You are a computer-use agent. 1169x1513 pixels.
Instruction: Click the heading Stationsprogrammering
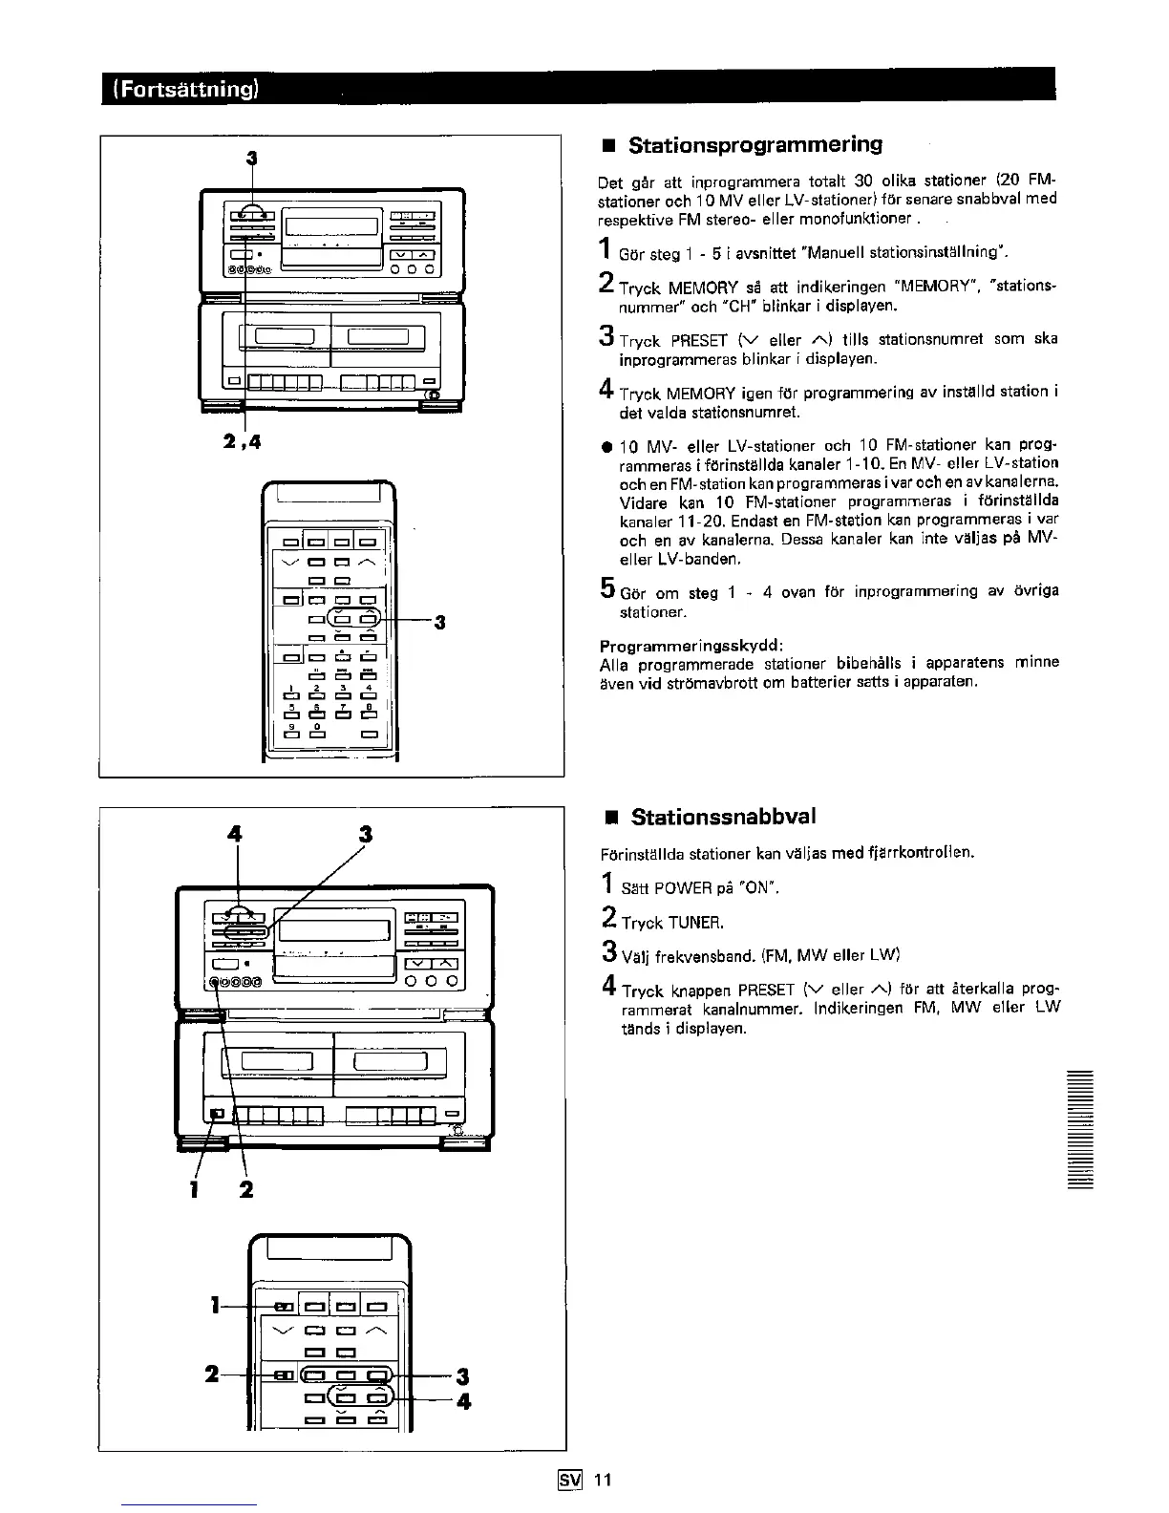pos(755,145)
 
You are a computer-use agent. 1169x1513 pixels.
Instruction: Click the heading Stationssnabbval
pos(723,818)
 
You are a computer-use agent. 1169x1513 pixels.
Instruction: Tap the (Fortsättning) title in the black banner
pos(186,90)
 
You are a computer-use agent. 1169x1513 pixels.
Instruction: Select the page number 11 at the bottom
pos(602,1481)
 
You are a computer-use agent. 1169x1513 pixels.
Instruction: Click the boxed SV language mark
pos(570,1481)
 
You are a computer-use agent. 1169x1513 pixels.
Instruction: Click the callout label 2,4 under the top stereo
pos(244,441)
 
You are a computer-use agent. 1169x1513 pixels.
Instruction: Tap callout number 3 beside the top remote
pos(440,623)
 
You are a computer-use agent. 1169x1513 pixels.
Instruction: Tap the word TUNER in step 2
pos(696,923)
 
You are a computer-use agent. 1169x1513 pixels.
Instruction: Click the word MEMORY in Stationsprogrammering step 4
pos(702,394)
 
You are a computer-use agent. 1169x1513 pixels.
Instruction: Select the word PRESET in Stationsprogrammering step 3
pos(700,340)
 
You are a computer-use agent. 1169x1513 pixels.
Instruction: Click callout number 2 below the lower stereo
pos(246,1190)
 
